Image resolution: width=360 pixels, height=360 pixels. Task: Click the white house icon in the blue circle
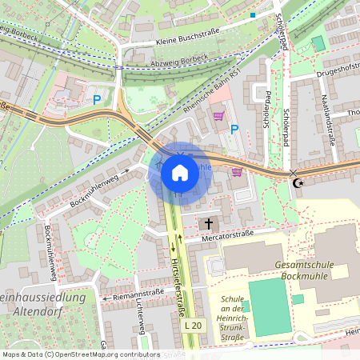180,173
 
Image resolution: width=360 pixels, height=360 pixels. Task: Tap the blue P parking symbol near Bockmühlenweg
97,100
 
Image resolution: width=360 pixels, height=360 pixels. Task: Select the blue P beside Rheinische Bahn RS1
234,129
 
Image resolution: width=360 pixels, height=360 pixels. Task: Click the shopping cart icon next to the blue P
218,116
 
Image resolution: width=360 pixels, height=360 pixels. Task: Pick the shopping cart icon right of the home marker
236,171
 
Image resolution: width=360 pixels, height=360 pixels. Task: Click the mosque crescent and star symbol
300,183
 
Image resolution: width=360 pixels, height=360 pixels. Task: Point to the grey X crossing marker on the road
293,173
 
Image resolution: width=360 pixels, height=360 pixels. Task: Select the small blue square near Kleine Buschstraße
253,14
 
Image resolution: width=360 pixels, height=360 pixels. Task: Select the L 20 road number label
194,327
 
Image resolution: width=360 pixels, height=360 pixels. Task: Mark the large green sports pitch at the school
268,307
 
